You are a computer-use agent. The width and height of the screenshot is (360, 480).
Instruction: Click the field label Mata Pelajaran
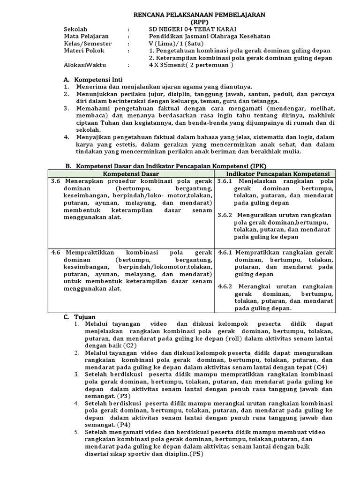click(86, 36)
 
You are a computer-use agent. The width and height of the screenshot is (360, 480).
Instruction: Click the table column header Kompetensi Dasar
click(131, 173)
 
